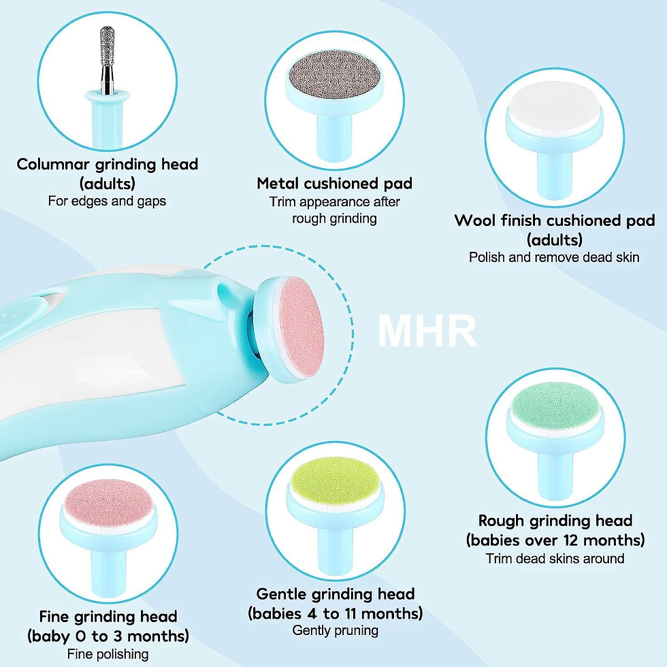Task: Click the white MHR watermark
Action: point(427,331)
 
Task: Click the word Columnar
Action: point(53,164)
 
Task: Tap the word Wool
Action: point(474,221)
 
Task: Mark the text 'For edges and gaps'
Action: point(107,201)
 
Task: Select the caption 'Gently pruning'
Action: point(335,630)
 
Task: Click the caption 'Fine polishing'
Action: point(108,653)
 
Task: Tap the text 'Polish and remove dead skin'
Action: point(554,257)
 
